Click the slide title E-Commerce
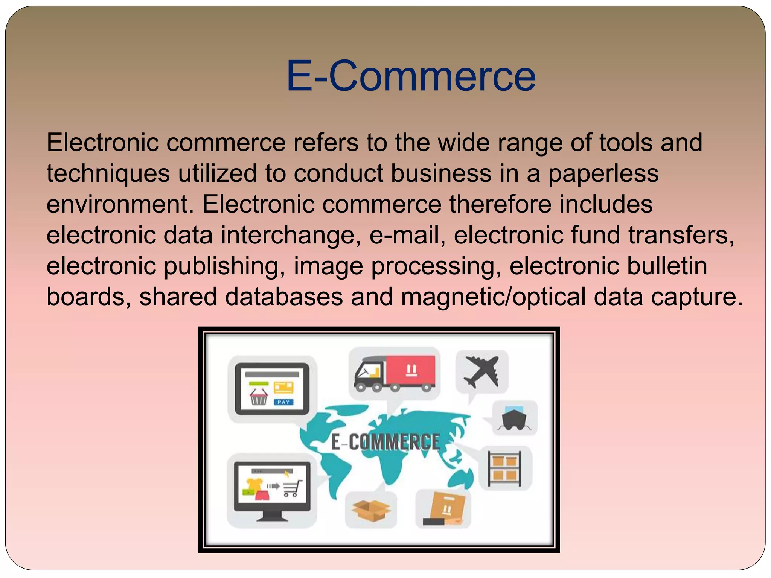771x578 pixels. coord(411,76)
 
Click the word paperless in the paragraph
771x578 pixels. coord(603,174)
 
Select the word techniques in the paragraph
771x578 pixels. coord(108,174)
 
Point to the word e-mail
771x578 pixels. coord(405,236)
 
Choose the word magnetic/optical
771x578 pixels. coord(493,297)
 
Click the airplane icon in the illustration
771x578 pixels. coord(481,371)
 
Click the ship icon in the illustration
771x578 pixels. coord(514,418)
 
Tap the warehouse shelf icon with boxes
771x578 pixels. coord(504,468)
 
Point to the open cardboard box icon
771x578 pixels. coord(371,510)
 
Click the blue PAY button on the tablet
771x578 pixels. coord(283,402)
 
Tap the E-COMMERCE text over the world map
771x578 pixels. coord(385,442)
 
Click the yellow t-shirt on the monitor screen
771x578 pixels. coord(254,484)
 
